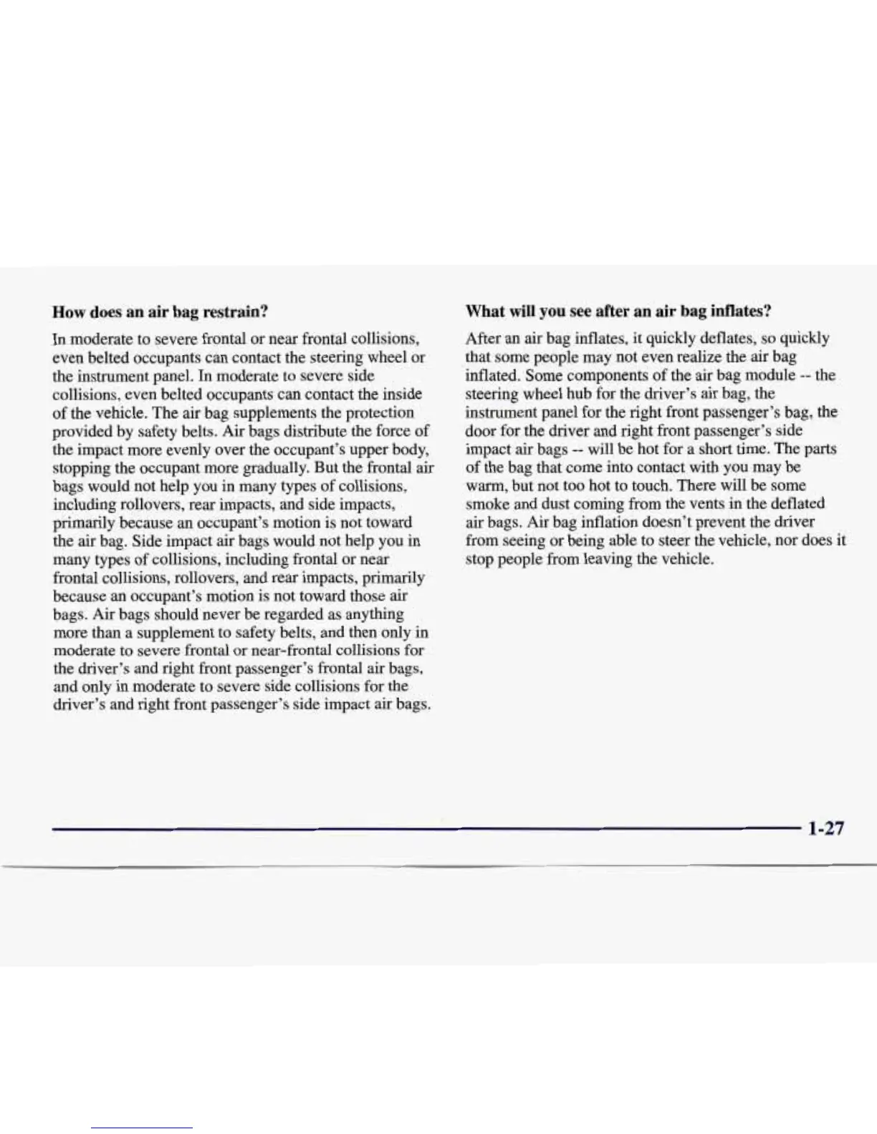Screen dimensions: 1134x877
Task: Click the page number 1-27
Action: point(825,828)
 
